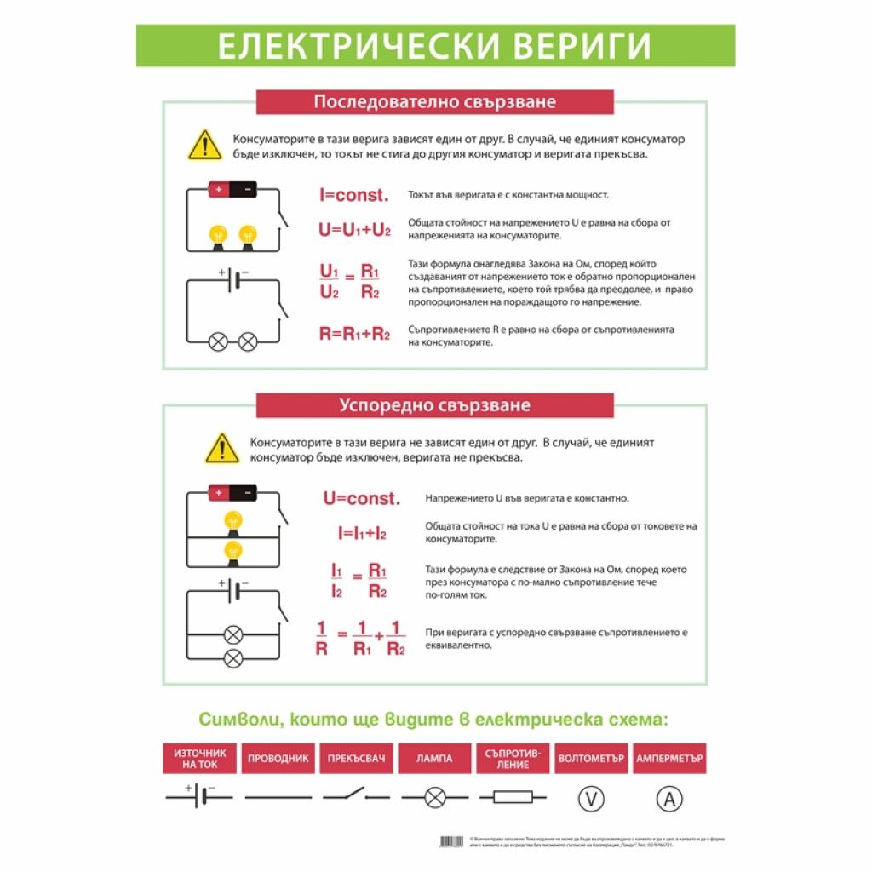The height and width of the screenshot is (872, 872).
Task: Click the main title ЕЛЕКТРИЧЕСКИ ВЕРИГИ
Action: [435, 46]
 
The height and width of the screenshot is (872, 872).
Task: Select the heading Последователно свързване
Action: [434, 102]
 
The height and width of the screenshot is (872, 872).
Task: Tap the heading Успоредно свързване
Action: [434, 404]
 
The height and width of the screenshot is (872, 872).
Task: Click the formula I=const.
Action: [353, 195]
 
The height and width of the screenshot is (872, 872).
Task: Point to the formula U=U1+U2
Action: [355, 230]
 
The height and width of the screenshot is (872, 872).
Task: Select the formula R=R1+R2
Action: [354, 334]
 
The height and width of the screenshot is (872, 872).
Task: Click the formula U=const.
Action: [361, 498]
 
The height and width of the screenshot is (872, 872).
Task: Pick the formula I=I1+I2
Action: [362, 534]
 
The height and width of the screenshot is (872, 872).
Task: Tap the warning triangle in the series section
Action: [204, 145]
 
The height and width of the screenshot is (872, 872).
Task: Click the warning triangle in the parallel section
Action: [222, 448]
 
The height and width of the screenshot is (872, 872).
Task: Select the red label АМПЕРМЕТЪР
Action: [670, 759]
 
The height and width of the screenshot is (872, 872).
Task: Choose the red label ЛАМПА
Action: [434, 759]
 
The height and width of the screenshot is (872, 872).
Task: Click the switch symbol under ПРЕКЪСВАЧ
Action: [355, 797]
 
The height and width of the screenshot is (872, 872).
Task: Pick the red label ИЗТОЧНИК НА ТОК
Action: [199, 759]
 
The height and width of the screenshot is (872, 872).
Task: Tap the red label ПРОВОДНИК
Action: [277, 759]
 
